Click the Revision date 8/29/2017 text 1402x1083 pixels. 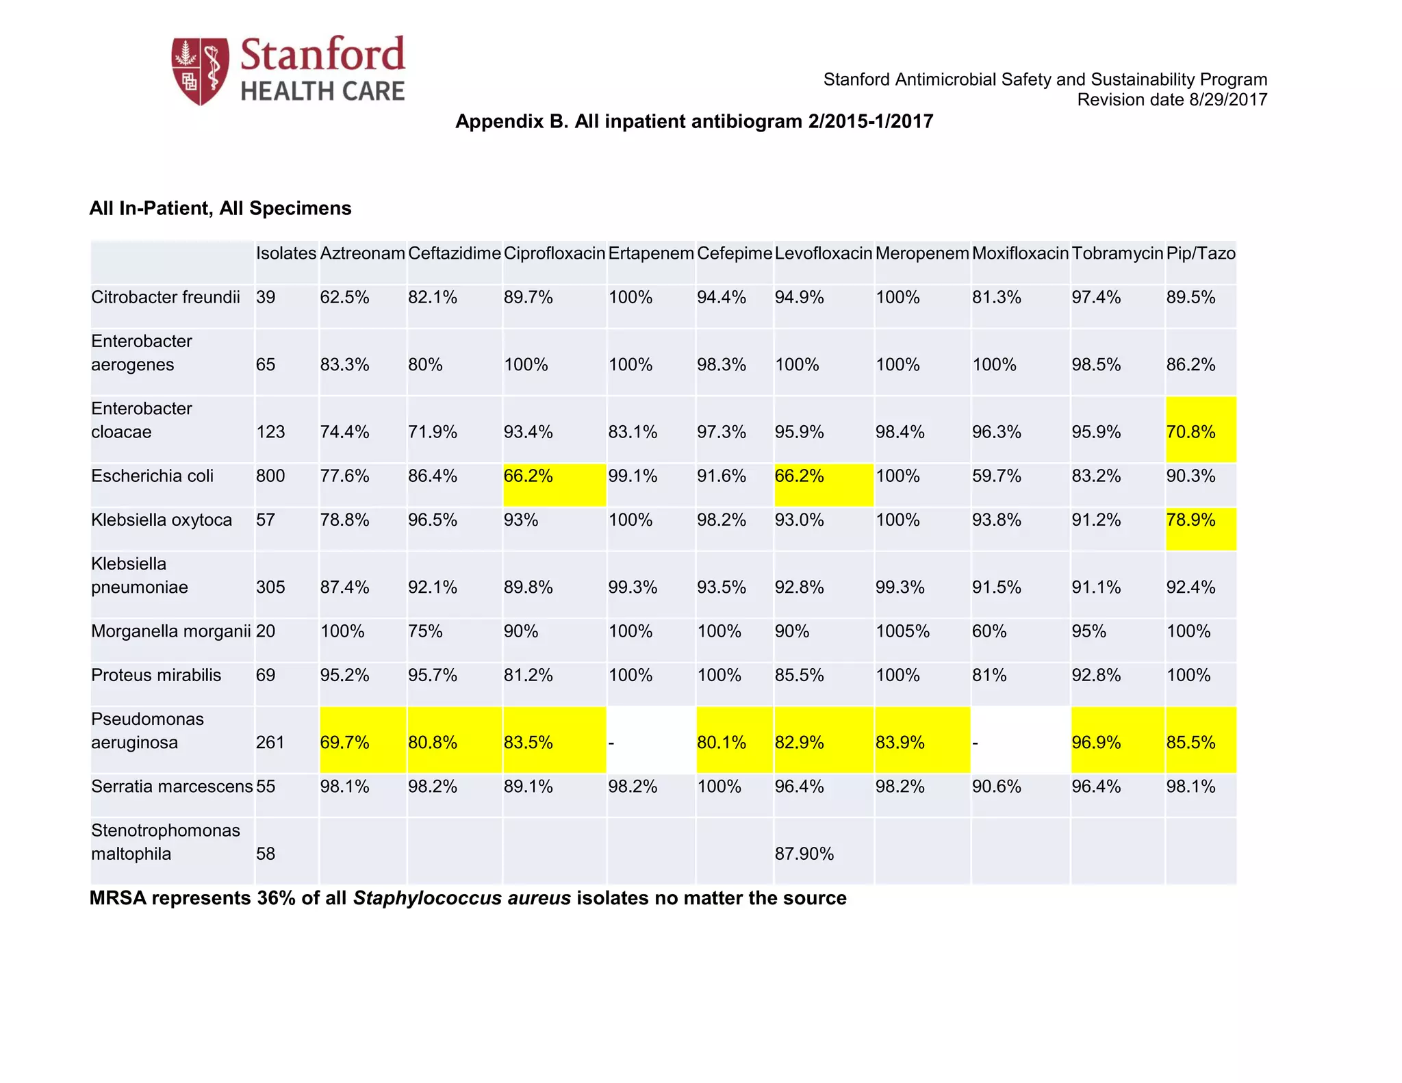(x=1171, y=100)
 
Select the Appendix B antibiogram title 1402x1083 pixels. (x=693, y=122)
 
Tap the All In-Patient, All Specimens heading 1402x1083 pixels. (x=220, y=208)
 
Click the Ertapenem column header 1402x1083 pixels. (x=650, y=253)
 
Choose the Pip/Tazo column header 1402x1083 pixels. (x=1200, y=253)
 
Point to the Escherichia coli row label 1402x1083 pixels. (x=152, y=476)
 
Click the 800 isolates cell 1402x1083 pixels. (x=270, y=476)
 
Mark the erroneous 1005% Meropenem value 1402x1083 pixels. (x=902, y=631)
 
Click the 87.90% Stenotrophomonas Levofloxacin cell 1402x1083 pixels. (x=804, y=854)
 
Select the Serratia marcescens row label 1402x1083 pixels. (x=171, y=787)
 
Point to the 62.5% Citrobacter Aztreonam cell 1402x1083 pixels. (x=344, y=298)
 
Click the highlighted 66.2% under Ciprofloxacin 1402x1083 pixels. (x=528, y=476)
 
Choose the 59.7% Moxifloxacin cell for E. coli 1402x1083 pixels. (x=996, y=476)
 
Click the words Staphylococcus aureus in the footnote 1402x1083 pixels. (x=461, y=898)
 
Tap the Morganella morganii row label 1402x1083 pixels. (x=170, y=631)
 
